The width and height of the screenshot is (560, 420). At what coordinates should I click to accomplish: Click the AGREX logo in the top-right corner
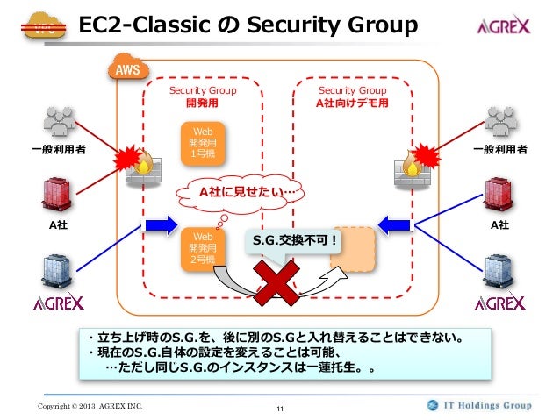click(x=504, y=25)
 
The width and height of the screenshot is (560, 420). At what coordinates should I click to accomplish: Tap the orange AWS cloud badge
click(x=128, y=68)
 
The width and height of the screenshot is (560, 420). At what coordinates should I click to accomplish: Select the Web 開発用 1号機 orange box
click(x=203, y=144)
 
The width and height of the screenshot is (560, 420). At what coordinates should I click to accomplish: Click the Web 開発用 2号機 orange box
click(x=203, y=249)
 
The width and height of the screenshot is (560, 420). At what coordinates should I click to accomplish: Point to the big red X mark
click(x=276, y=282)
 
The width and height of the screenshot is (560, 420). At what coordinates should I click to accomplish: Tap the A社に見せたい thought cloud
click(x=240, y=193)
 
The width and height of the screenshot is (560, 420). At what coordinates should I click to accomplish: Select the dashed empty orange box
click(x=353, y=249)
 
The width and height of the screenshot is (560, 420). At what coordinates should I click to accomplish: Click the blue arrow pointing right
click(x=162, y=225)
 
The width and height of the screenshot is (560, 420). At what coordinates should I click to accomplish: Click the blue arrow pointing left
click(x=394, y=225)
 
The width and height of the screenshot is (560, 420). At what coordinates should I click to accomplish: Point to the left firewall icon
click(x=144, y=167)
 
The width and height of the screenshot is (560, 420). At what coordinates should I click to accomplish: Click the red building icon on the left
click(x=57, y=195)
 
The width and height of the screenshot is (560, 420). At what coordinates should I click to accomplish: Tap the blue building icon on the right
click(x=499, y=271)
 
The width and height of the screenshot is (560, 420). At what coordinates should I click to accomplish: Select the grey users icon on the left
click(x=60, y=122)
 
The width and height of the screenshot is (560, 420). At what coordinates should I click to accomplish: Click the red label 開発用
click(x=202, y=103)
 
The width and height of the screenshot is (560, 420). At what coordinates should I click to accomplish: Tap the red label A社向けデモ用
click(x=352, y=103)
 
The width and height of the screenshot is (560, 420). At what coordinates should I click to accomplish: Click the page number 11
click(x=280, y=409)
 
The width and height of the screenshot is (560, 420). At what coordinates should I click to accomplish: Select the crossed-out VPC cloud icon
click(x=44, y=25)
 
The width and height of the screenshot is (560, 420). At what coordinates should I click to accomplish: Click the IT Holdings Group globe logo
click(x=433, y=405)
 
